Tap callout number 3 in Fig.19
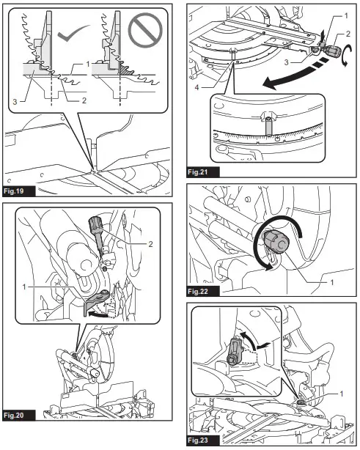(x=15, y=102)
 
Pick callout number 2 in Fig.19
(x=84, y=100)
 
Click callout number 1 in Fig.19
(x=89, y=64)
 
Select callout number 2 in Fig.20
(x=150, y=244)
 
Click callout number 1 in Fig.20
(x=24, y=287)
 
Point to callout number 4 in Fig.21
(x=196, y=87)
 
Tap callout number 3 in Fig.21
(x=286, y=62)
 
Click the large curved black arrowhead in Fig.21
(x=271, y=84)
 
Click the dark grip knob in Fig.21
(x=334, y=51)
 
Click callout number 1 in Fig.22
(x=332, y=282)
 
